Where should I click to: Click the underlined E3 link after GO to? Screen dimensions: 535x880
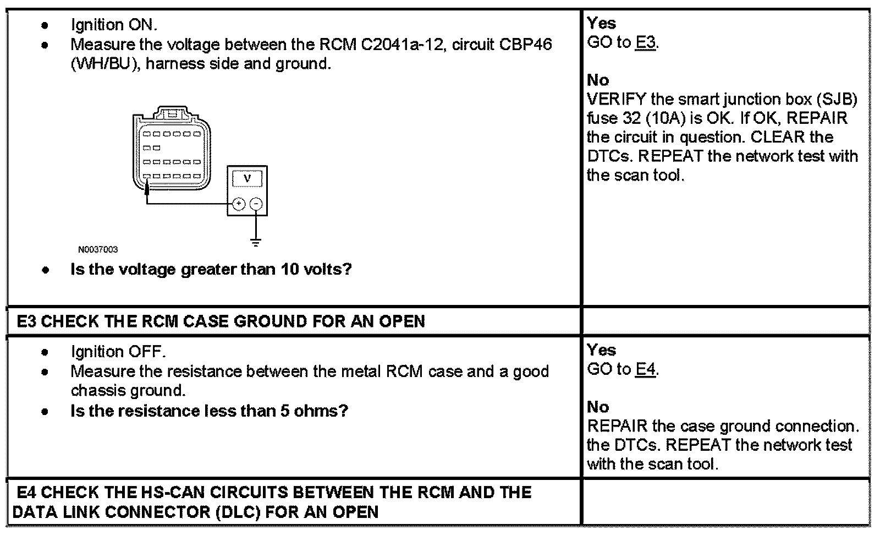coord(646,42)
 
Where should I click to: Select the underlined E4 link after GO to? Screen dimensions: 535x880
coord(646,369)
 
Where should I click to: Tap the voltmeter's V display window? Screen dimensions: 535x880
coord(247,178)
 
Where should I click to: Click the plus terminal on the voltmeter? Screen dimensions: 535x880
coord(238,205)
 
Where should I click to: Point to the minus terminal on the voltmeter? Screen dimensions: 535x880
coord(256,205)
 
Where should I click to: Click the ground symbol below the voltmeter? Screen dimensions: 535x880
coord(256,242)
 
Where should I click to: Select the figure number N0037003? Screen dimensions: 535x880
coord(98,250)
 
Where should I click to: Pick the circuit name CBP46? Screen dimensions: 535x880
coord(525,45)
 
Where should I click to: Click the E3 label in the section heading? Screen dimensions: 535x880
coord(26,321)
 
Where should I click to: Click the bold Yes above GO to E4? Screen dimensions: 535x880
coord(601,350)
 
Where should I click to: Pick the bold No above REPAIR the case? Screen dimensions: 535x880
coord(598,407)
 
